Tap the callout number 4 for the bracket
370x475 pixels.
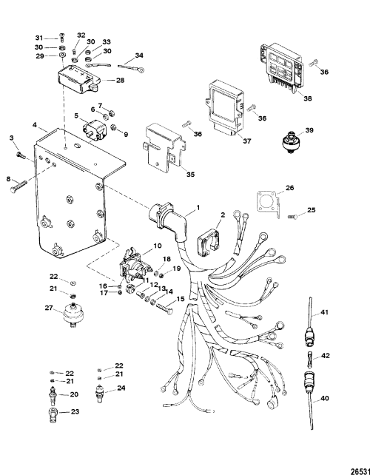[x=36, y=125]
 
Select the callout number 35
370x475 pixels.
[x=190, y=175]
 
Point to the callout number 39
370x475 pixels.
[x=309, y=130]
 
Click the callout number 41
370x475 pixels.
[x=325, y=312]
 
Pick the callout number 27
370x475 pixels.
[x=49, y=308]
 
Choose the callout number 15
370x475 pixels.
[x=180, y=299]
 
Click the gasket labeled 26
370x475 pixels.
[x=268, y=204]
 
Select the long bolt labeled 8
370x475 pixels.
[x=18, y=186]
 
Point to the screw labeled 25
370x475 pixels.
[x=292, y=217]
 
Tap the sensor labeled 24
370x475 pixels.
[x=100, y=394]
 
